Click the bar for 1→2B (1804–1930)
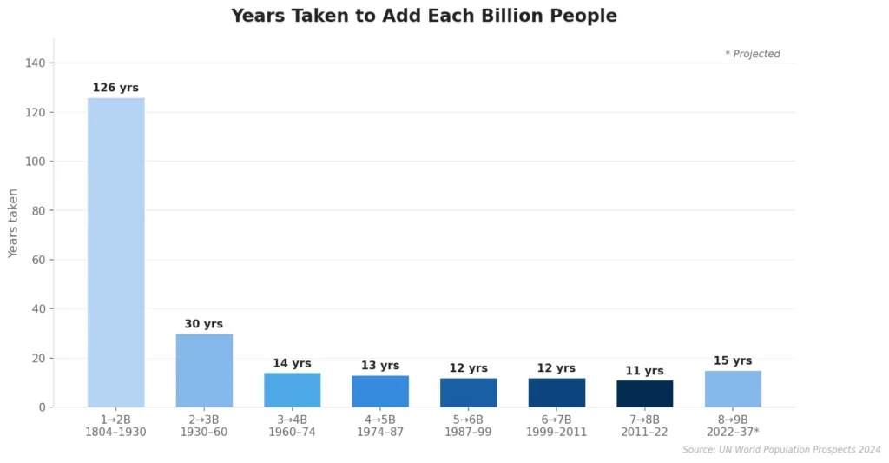(x=115, y=252)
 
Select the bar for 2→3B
(x=204, y=370)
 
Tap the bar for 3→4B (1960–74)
(x=292, y=390)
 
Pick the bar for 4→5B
(x=380, y=391)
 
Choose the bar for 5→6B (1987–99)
(x=468, y=393)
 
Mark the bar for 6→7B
(x=556, y=393)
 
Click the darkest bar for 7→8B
(x=644, y=394)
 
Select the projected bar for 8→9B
(x=733, y=389)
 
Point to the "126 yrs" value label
(x=115, y=88)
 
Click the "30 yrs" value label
(x=204, y=324)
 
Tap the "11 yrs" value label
(x=644, y=371)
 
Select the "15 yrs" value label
(x=733, y=360)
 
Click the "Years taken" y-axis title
(x=13, y=223)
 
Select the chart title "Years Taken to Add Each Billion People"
(x=424, y=16)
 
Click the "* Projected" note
(x=752, y=54)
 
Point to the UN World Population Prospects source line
(x=781, y=450)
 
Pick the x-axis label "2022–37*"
(x=733, y=433)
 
